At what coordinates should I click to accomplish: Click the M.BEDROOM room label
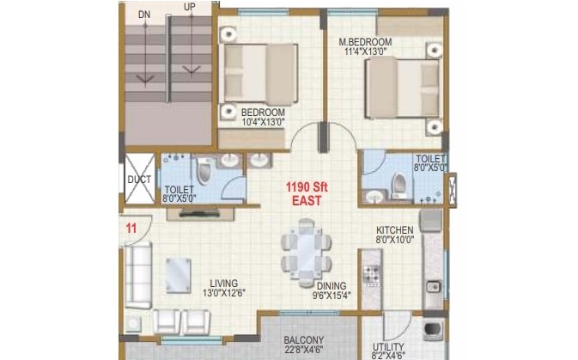tap(365, 42)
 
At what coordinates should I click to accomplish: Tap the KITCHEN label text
tap(394, 230)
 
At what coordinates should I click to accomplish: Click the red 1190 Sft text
tap(305, 186)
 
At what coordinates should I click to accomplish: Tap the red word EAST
tap(306, 200)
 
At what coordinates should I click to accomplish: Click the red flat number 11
tap(131, 228)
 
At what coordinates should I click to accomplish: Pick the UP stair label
tap(189, 7)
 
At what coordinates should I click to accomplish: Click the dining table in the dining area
tap(305, 249)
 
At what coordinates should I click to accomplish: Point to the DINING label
tap(330, 286)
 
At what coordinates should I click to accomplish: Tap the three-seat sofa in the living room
tap(137, 275)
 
